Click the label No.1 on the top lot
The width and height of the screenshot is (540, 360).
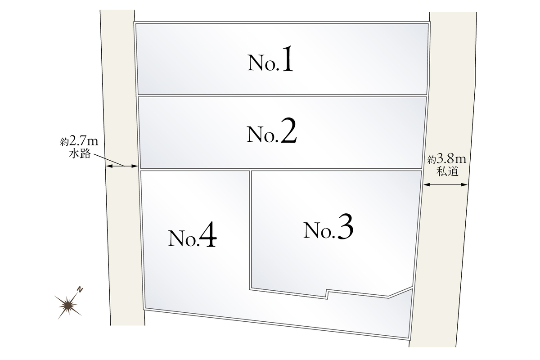(270, 59)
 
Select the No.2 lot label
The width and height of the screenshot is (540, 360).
(272, 130)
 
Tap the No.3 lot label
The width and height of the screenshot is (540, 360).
(328, 226)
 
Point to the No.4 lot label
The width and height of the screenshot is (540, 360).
(192, 234)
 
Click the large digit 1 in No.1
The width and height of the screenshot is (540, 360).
(288, 59)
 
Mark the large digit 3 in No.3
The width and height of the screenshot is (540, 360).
(345, 226)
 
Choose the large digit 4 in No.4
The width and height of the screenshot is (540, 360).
(207, 234)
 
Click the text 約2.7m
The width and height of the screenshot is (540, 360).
(79, 141)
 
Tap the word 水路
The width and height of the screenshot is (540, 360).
(80, 153)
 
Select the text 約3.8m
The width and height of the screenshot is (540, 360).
(447, 159)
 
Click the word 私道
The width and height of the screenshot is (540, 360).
(447, 172)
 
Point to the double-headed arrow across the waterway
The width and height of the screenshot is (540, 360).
(122, 166)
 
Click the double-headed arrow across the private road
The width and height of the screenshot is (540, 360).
(445, 184)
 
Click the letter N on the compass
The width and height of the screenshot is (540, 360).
(80, 290)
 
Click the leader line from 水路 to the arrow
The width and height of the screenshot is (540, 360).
(109, 160)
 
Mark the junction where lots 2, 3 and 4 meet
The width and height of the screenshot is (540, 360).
(251, 170)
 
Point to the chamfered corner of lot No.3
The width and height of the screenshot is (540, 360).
(400, 292)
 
